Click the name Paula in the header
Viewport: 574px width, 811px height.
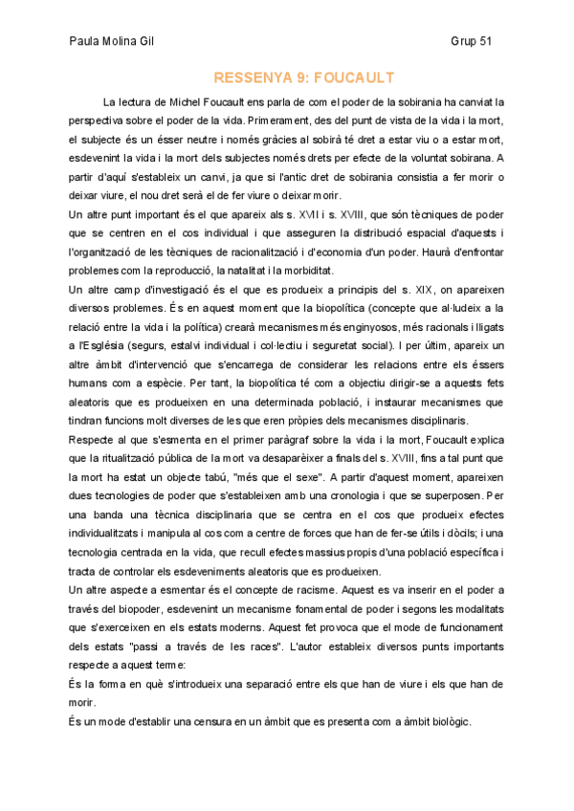(85, 42)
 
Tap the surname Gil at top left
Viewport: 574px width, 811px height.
(139, 42)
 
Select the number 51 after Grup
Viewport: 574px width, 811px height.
(485, 42)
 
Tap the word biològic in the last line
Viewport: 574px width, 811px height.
(445, 721)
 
